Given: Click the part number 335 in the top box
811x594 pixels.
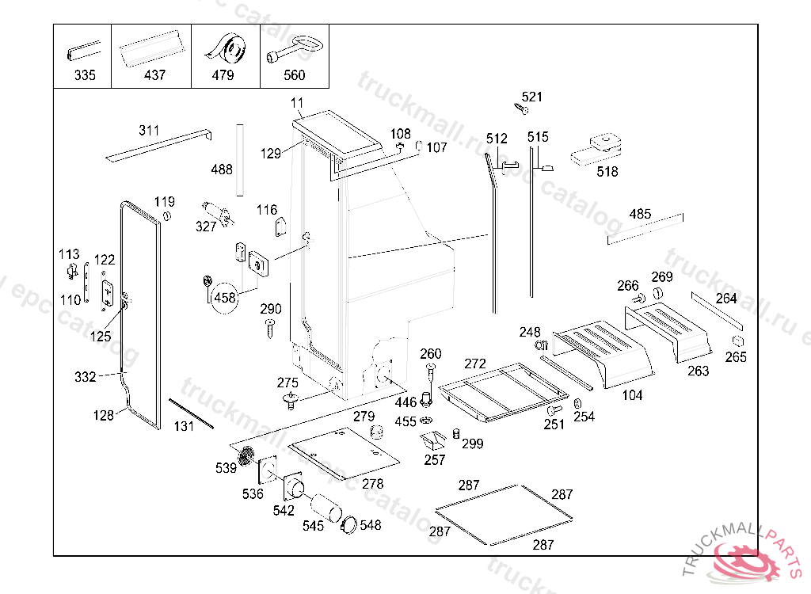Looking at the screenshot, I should click(84, 75).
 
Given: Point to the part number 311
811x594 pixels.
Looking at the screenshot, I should click(149, 131).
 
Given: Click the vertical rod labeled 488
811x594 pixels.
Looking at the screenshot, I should click(238, 159).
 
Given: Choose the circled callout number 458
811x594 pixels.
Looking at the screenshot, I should click(225, 298).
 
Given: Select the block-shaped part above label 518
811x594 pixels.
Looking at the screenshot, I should click(600, 147).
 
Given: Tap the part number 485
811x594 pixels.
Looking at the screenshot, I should click(640, 214).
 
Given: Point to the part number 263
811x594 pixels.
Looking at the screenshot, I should click(698, 371).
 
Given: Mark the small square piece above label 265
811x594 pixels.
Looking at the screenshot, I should click(736, 341).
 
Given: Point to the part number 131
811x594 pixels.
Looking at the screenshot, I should click(184, 426).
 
